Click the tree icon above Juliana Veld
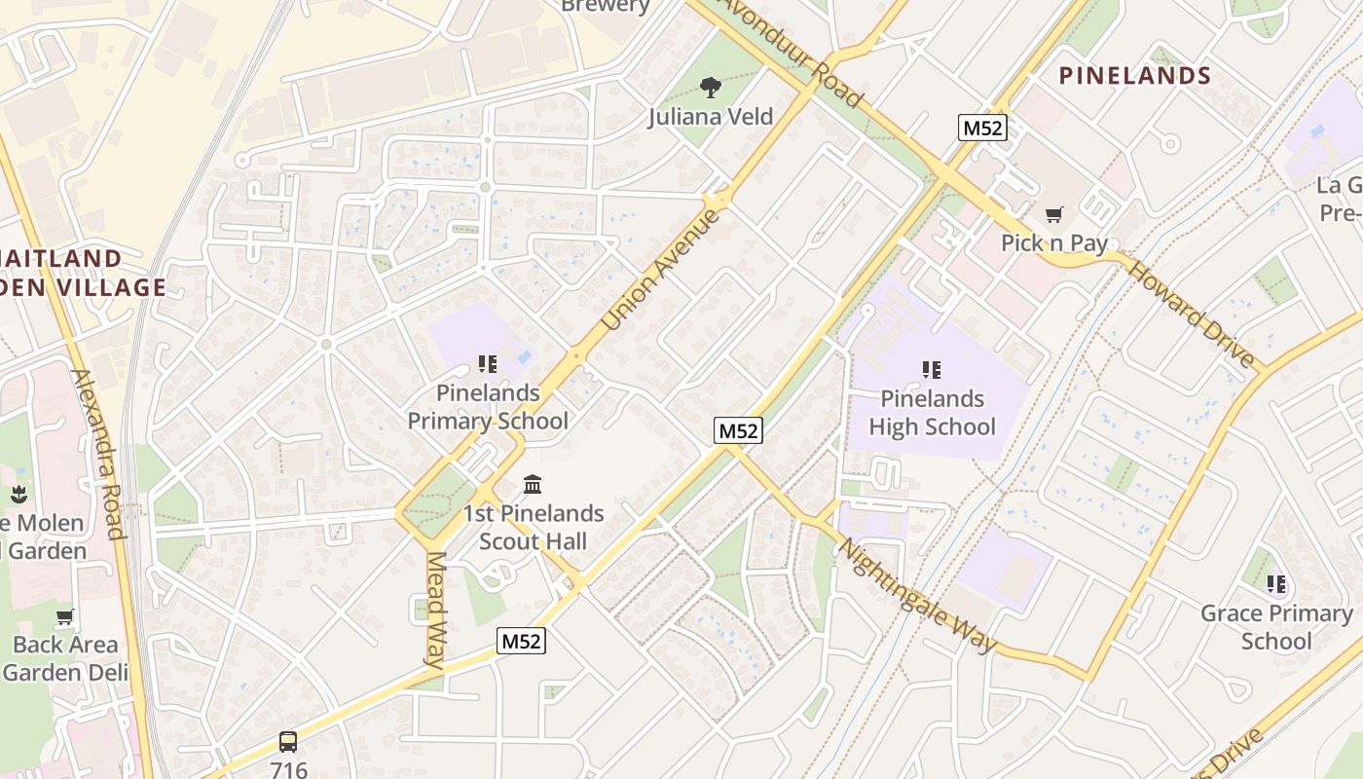[x=712, y=88]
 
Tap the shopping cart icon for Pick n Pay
[x=1053, y=214]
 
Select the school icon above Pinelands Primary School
[x=488, y=364]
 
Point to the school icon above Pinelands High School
[x=932, y=370]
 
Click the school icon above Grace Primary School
[x=1276, y=584]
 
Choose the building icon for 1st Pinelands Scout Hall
[x=533, y=484]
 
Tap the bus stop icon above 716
[x=288, y=741]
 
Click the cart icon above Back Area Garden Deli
[x=65, y=615]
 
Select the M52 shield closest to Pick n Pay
[x=981, y=128]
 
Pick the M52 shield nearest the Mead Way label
[x=521, y=641]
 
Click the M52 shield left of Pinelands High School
[x=738, y=430]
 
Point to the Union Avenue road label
[x=661, y=269]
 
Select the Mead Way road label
[x=436, y=610]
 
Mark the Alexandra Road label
[x=98, y=453]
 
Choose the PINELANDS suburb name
[x=1134, y=76]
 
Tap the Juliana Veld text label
[x=711, y=117]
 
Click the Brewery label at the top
[x=606, y=6]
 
